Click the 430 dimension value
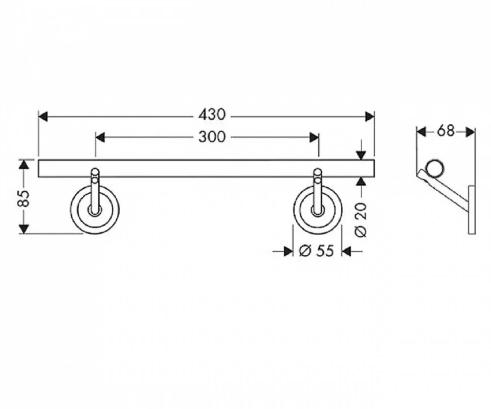point(211,115)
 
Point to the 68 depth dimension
point(445,131)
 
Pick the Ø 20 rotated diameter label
point(361,219)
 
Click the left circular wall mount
point(95,210)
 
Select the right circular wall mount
point(318,210)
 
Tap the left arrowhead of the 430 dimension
point(43,117)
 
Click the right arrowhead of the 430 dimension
point(370,117)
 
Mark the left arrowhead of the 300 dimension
point(101,138)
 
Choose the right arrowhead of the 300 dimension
point(314,138)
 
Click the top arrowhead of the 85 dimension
point(24,164)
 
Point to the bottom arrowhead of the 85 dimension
point(24,230)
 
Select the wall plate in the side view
point(472,210)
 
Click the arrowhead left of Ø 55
point(288,251)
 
